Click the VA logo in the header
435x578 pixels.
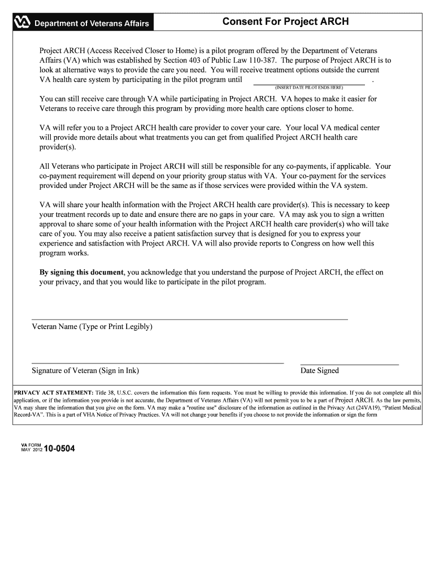pos(22,23)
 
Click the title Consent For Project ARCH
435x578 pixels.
pos(285,22)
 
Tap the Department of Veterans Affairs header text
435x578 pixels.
pos(92,24)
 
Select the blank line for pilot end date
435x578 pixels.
pos(308,82)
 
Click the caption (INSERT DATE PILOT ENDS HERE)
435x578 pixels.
pos(308,88)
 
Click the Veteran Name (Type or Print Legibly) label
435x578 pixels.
pos(92,327)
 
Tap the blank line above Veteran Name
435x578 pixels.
pos(189,319)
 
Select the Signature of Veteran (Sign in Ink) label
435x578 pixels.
pos(85,371)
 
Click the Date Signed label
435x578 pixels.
pos(320,371)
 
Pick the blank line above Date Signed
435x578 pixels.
pos(349,364)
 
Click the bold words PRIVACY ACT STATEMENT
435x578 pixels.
pos(53,393)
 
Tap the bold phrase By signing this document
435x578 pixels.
pos(81,272)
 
